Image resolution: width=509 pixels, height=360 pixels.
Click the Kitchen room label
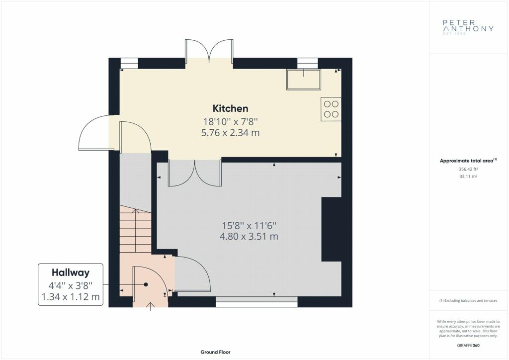click(x=230, y=108)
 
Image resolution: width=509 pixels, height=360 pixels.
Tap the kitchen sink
click(x=303, y=79)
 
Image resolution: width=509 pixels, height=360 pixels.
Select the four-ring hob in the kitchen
click(x=331, y=109)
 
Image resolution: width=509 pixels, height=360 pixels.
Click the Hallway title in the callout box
click(x=71, y=272)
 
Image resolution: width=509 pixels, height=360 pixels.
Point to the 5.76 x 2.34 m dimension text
click(x=230, y=133)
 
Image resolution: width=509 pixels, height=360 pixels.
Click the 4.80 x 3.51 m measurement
click(x=249, y=236)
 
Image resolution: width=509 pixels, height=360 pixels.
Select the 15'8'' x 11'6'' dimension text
click(x=249, y=225)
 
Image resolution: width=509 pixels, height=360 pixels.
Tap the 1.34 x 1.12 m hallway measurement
click(x=71, y=297)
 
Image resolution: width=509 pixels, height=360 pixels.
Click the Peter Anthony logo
click(x=468, y=27)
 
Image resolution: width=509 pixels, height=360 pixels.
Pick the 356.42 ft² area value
click(x=468, y=169)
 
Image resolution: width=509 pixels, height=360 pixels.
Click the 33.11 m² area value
click(x=468, y=177)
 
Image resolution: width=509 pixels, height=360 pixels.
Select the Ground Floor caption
click(x=215, y=352)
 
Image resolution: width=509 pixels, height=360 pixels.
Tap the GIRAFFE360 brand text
click(x=468, y=346)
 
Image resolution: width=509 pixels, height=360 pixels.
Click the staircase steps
click(x=136, y=229)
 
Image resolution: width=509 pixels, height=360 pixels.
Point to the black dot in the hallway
click(x=146, y=285)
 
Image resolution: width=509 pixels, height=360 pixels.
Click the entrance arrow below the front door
click(x=150, y=306)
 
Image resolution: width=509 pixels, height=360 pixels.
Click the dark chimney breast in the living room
click(x=331, y=229)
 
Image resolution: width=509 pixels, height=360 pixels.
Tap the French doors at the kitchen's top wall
click(x=209, y=51)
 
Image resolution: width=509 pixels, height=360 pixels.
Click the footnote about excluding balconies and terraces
click(x=468, y=301)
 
